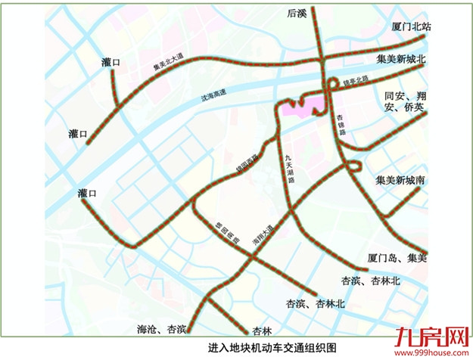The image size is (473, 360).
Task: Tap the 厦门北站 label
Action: pos(412,26)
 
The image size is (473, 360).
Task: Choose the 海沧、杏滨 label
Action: pos(162,330)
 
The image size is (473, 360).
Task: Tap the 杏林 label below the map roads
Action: pos(263,331)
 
